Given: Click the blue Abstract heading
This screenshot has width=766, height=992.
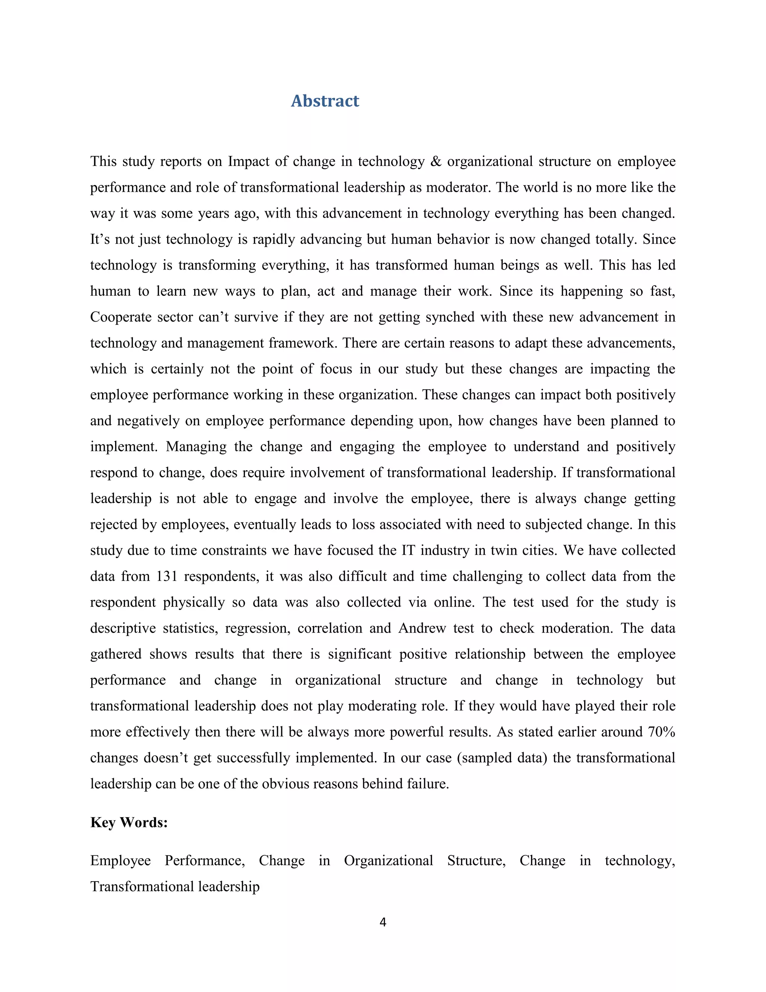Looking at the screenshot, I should coord(325,101).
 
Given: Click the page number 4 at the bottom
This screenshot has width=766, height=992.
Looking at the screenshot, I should coord(383,922).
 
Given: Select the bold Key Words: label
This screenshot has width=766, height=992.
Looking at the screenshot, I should coord(129,822).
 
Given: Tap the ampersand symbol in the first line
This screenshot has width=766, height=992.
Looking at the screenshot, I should coord(436,162).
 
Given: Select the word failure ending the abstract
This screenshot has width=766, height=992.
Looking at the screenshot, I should coord(428,784).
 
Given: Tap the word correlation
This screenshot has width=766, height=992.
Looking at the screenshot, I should coord(330,628).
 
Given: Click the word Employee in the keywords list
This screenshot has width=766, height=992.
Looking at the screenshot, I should coord(120,861).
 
